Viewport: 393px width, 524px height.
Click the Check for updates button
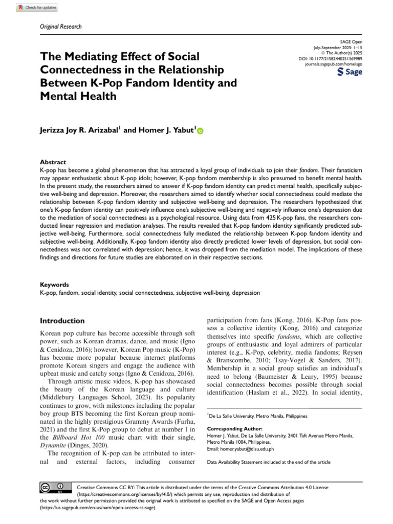[36, 8]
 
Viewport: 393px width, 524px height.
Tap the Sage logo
[350, 72]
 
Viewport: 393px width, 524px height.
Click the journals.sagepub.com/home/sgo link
[333, 65]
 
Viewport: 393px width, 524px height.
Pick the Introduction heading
[62, 321]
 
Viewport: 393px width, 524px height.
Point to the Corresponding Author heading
[234, 428]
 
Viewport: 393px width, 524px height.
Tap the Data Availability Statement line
[268, 462]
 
